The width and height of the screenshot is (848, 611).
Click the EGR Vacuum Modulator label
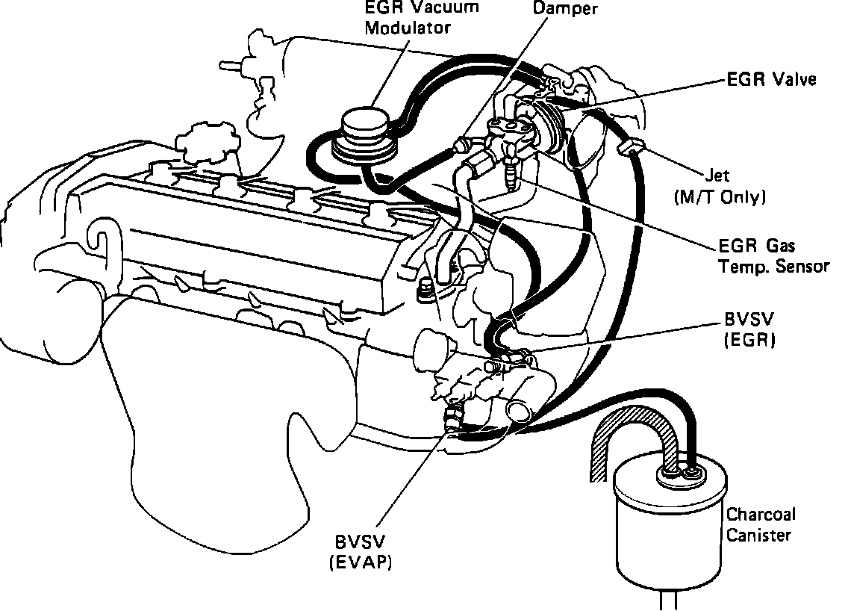point(411,18)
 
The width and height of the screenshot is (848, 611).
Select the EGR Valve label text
point(771,79)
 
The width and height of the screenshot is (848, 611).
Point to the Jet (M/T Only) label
point(719,187)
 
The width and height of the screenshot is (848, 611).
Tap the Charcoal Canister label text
point(761,524)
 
